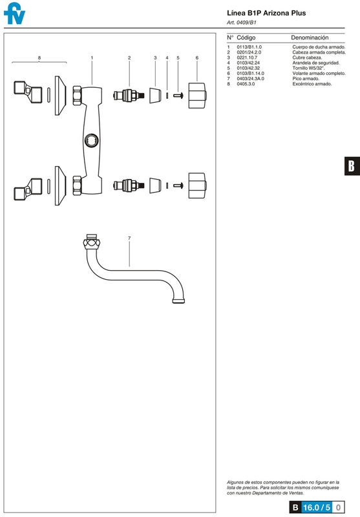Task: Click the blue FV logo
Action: [14, 14]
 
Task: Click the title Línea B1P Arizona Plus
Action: [266, 13]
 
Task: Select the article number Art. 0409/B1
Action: [241, 23]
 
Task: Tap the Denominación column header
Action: [310, 37]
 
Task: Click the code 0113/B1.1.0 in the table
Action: [249, 47]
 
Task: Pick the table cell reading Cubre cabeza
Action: [307, 58]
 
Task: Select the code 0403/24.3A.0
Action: [251, 79]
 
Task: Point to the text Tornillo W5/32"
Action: [308, 69]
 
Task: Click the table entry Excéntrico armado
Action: [312, 84]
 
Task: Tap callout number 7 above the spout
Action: [129, 238]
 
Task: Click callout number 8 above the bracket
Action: [39, 58]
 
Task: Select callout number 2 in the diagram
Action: [129, 58]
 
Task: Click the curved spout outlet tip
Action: [178, 301]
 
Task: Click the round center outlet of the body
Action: [91, 141]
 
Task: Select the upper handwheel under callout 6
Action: [198, 96]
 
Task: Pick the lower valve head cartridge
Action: [129, 185]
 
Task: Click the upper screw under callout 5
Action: [178, 96]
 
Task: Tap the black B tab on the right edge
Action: [352, 165]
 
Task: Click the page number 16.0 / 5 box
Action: [317, 507]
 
